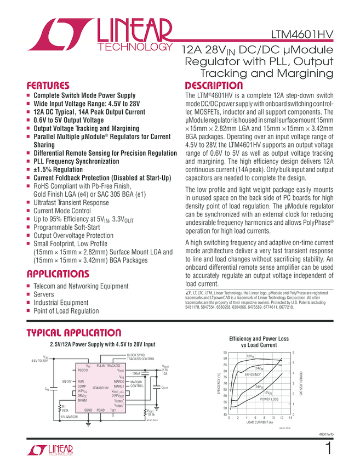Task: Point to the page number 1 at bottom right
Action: [x=328, y=449]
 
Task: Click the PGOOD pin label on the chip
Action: [x=83, y=371]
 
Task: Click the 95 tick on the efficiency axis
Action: [x=225, y=352]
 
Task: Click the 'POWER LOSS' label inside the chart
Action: [x=270, y=399]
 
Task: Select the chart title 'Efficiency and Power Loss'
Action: [x=259, y=339]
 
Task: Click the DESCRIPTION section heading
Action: [x=214, y=86]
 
